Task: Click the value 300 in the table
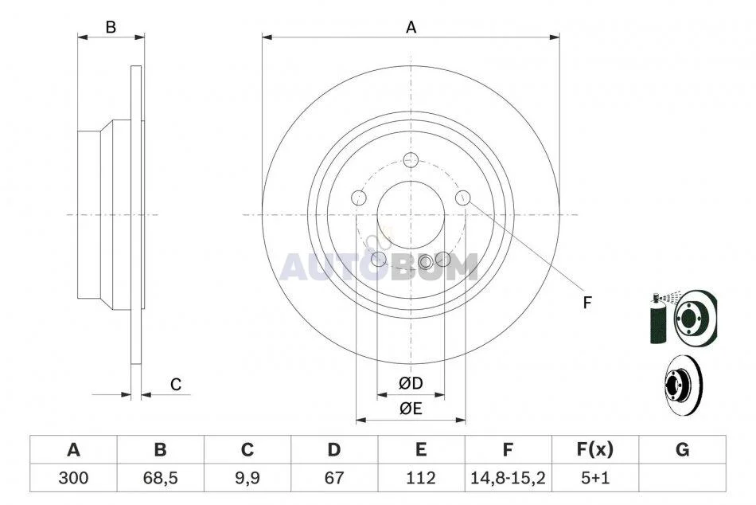[x=73, y=478]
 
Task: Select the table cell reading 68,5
[x=160, y=478]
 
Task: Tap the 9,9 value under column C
[x=247, y=478]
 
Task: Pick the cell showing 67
[x=333, y=478]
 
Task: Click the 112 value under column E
[x=420, y=478]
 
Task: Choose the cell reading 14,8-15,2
[x=508, y=478]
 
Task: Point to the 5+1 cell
[x=595, y=478]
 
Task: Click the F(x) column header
[x=595, y=449]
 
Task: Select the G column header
[x=682, y=449]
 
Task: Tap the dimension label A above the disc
[x=411, y=28]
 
